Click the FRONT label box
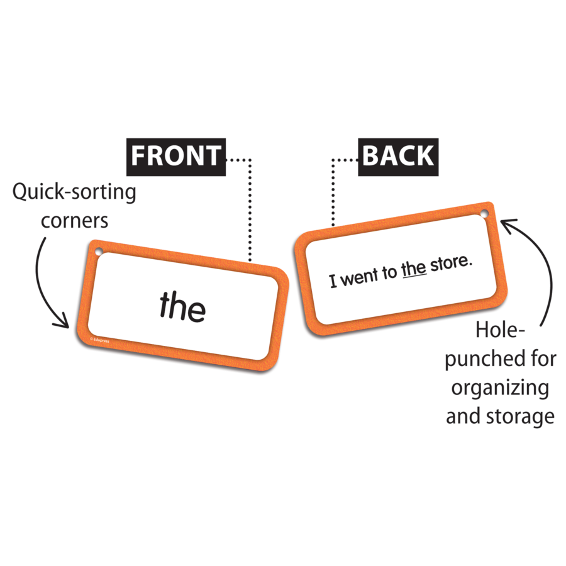tap(176, 155)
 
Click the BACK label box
tap(398, 156)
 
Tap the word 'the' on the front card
tap(182, 306)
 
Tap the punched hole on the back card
tap(484, 216)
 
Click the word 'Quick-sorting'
tap(74, 192)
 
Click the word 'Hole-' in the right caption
tap(501, 330)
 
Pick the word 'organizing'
tap(500, 387)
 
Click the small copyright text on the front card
tap(100, 341)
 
